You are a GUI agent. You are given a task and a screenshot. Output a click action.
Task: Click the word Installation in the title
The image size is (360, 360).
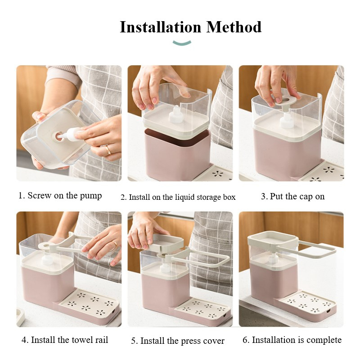tap(161, 27)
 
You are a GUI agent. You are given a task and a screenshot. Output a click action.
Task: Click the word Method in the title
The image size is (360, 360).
tap(234, 27)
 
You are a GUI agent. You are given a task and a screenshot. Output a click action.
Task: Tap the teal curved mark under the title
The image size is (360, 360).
tap(182, 43)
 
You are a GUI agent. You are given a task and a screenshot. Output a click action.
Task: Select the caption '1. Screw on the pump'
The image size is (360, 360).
tap(60, 196)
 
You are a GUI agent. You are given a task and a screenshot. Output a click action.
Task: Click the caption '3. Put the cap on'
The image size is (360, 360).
tap(293, 197)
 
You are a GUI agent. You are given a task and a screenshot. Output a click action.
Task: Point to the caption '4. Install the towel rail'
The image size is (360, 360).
tap(65, 340)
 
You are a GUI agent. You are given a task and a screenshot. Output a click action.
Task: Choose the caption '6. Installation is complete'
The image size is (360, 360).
tap(292, 340)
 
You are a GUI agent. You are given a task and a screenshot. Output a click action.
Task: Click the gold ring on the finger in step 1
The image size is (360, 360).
tap(108, 150)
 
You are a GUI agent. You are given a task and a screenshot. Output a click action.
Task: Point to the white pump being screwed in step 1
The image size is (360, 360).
tap(70, 135)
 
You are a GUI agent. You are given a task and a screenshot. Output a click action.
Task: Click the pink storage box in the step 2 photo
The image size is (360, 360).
tap(177, 154)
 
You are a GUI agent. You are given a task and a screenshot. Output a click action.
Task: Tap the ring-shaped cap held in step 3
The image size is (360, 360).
tap(286, 100)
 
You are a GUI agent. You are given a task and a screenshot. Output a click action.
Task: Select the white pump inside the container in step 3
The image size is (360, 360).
tap(286, 121)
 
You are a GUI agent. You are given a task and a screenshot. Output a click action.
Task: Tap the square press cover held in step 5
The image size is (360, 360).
tap(166, 243)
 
